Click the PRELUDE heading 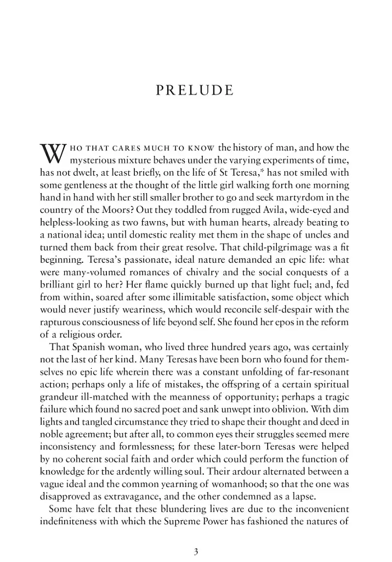point(195,91)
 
